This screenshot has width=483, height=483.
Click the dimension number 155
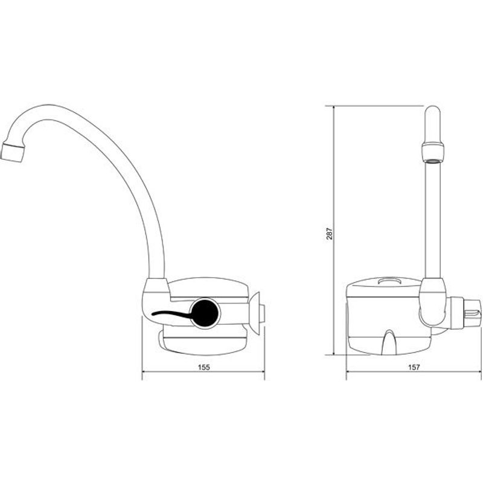coord(203,367)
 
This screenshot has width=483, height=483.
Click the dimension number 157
coord(414,367)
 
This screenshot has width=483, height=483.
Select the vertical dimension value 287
coord(330,234)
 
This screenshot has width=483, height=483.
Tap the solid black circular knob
coord(205,313)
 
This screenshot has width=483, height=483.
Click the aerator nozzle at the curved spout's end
coord(12,152)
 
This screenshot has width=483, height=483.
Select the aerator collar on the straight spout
coord(433,152)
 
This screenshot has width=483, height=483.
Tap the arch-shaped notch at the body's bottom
coord(389,341)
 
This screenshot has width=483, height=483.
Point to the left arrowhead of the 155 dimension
coord(144,371)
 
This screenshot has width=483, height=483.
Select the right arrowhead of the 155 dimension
coord(262,371)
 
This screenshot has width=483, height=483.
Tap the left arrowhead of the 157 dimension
coord(349,371)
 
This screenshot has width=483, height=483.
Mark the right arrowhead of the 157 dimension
coord(479,371)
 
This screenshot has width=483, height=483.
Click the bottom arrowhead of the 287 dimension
coord(334,352)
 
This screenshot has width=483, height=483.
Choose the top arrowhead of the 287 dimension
coord(334,109)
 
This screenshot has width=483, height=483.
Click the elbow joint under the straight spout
coord(433,302)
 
